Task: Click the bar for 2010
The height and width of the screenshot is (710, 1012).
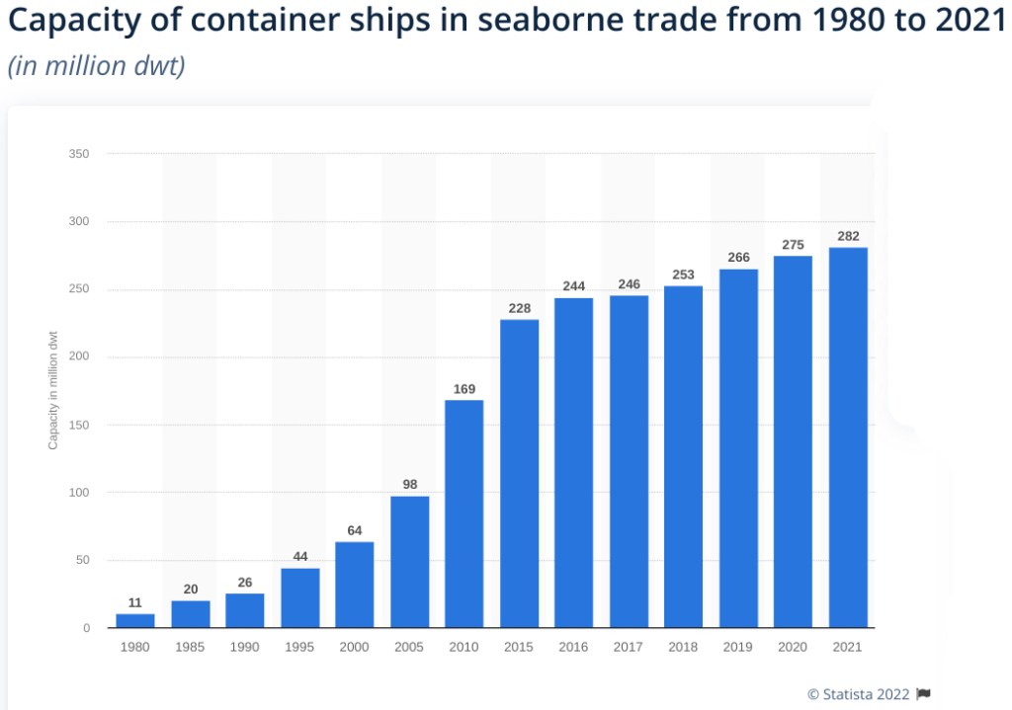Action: pyautogui.click(x=464, y=513)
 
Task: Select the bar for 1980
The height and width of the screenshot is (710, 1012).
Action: pyautogui.click(x=135, y=620)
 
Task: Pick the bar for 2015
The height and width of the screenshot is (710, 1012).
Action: pyautogui.click(x=519, y=474)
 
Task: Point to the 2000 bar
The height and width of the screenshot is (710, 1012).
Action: pyautogui.click(x=354, y=585)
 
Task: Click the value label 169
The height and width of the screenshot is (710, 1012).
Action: pyautogui.click(x=464, y=389)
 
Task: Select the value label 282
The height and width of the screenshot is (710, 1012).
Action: pyautogui.click(x=847, y=237)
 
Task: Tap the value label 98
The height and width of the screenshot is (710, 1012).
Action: pyautogui.click(x=409, y=485)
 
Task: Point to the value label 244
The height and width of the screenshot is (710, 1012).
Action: pyautogui.click(x=573, y=286)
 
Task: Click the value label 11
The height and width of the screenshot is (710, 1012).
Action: pyautogui.click(x=135, y=602)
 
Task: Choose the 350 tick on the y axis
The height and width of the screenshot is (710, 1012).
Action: pyautogui.click(x=80, y=154)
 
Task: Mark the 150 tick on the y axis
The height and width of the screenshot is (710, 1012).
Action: pyautogui.click(x=80, y=425)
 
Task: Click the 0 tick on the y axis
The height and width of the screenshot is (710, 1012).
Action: pyautogui.click(x=87, y=628)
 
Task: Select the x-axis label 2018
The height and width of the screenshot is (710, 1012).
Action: pyautogui.click(x=683, y=648)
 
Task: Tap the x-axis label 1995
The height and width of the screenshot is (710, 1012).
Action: pyautogui.click(x=299, y=648)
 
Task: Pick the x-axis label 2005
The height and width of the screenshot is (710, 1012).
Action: pyautogui.click(x=409, y=648)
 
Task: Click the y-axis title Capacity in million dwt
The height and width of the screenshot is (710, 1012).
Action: pyautogui.click(x=53, y=390)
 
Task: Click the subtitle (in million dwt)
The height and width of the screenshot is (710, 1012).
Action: pyautogui.click(x=96, y=68)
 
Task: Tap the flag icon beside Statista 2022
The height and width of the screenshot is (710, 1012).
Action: pyautogui.click(x=923, y=694)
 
